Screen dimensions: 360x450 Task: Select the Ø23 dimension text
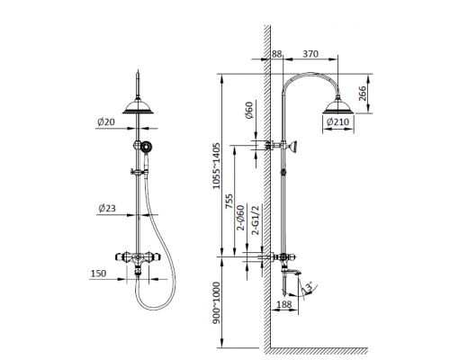108,210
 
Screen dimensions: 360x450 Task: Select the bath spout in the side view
293,265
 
